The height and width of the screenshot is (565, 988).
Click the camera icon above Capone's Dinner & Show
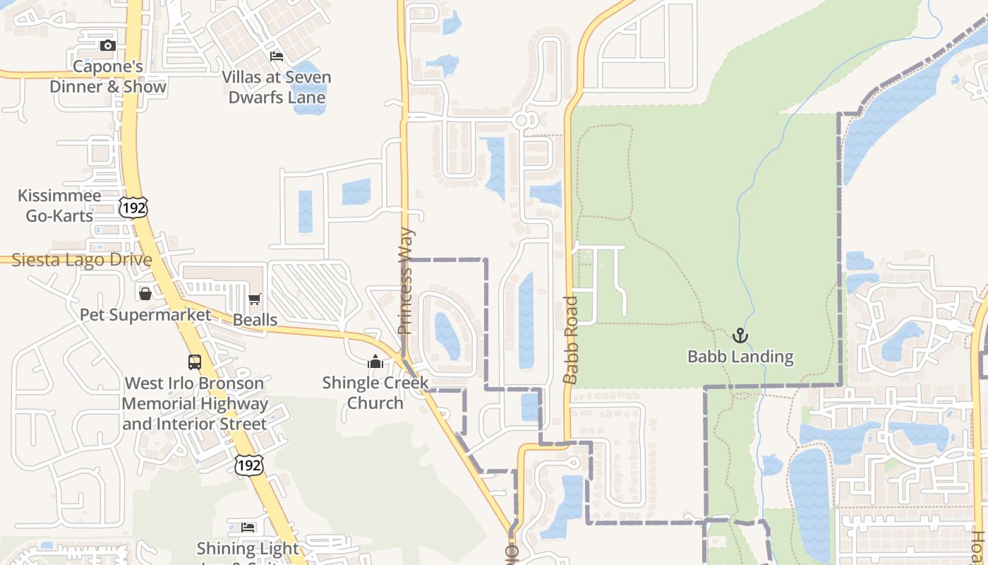[x=108, y=46]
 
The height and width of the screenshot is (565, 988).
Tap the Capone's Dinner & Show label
[x=108, y=77]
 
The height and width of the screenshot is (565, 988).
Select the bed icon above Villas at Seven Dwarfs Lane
[x=277, y=56]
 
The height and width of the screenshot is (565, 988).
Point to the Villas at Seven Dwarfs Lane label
[x=277, y=87]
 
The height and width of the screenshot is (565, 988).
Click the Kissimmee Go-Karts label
[x=59, y=206]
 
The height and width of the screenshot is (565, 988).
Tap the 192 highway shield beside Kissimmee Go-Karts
[x=133, y=208]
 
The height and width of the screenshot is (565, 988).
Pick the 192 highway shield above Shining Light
[x=249, y=464]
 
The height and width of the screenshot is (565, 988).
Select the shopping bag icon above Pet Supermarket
[x=145, y=294]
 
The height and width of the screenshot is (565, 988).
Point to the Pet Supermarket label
[x=145, y=314]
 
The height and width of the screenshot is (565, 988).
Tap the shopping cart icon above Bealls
[x=255, y=299]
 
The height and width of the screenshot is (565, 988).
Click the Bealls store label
[x=255, y=320]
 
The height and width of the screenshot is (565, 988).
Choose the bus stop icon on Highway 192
[x=195, y=362]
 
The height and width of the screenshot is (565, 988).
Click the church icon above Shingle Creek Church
[x=375, y=362]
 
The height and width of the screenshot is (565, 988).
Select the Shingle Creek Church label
[x=375, y=393]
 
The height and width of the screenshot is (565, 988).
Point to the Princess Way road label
[x=406, y=281]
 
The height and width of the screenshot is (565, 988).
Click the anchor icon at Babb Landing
[x=740, y=335]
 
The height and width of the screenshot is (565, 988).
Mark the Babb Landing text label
[x=740, y=357]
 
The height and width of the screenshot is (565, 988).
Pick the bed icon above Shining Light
[x=248, y=528]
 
